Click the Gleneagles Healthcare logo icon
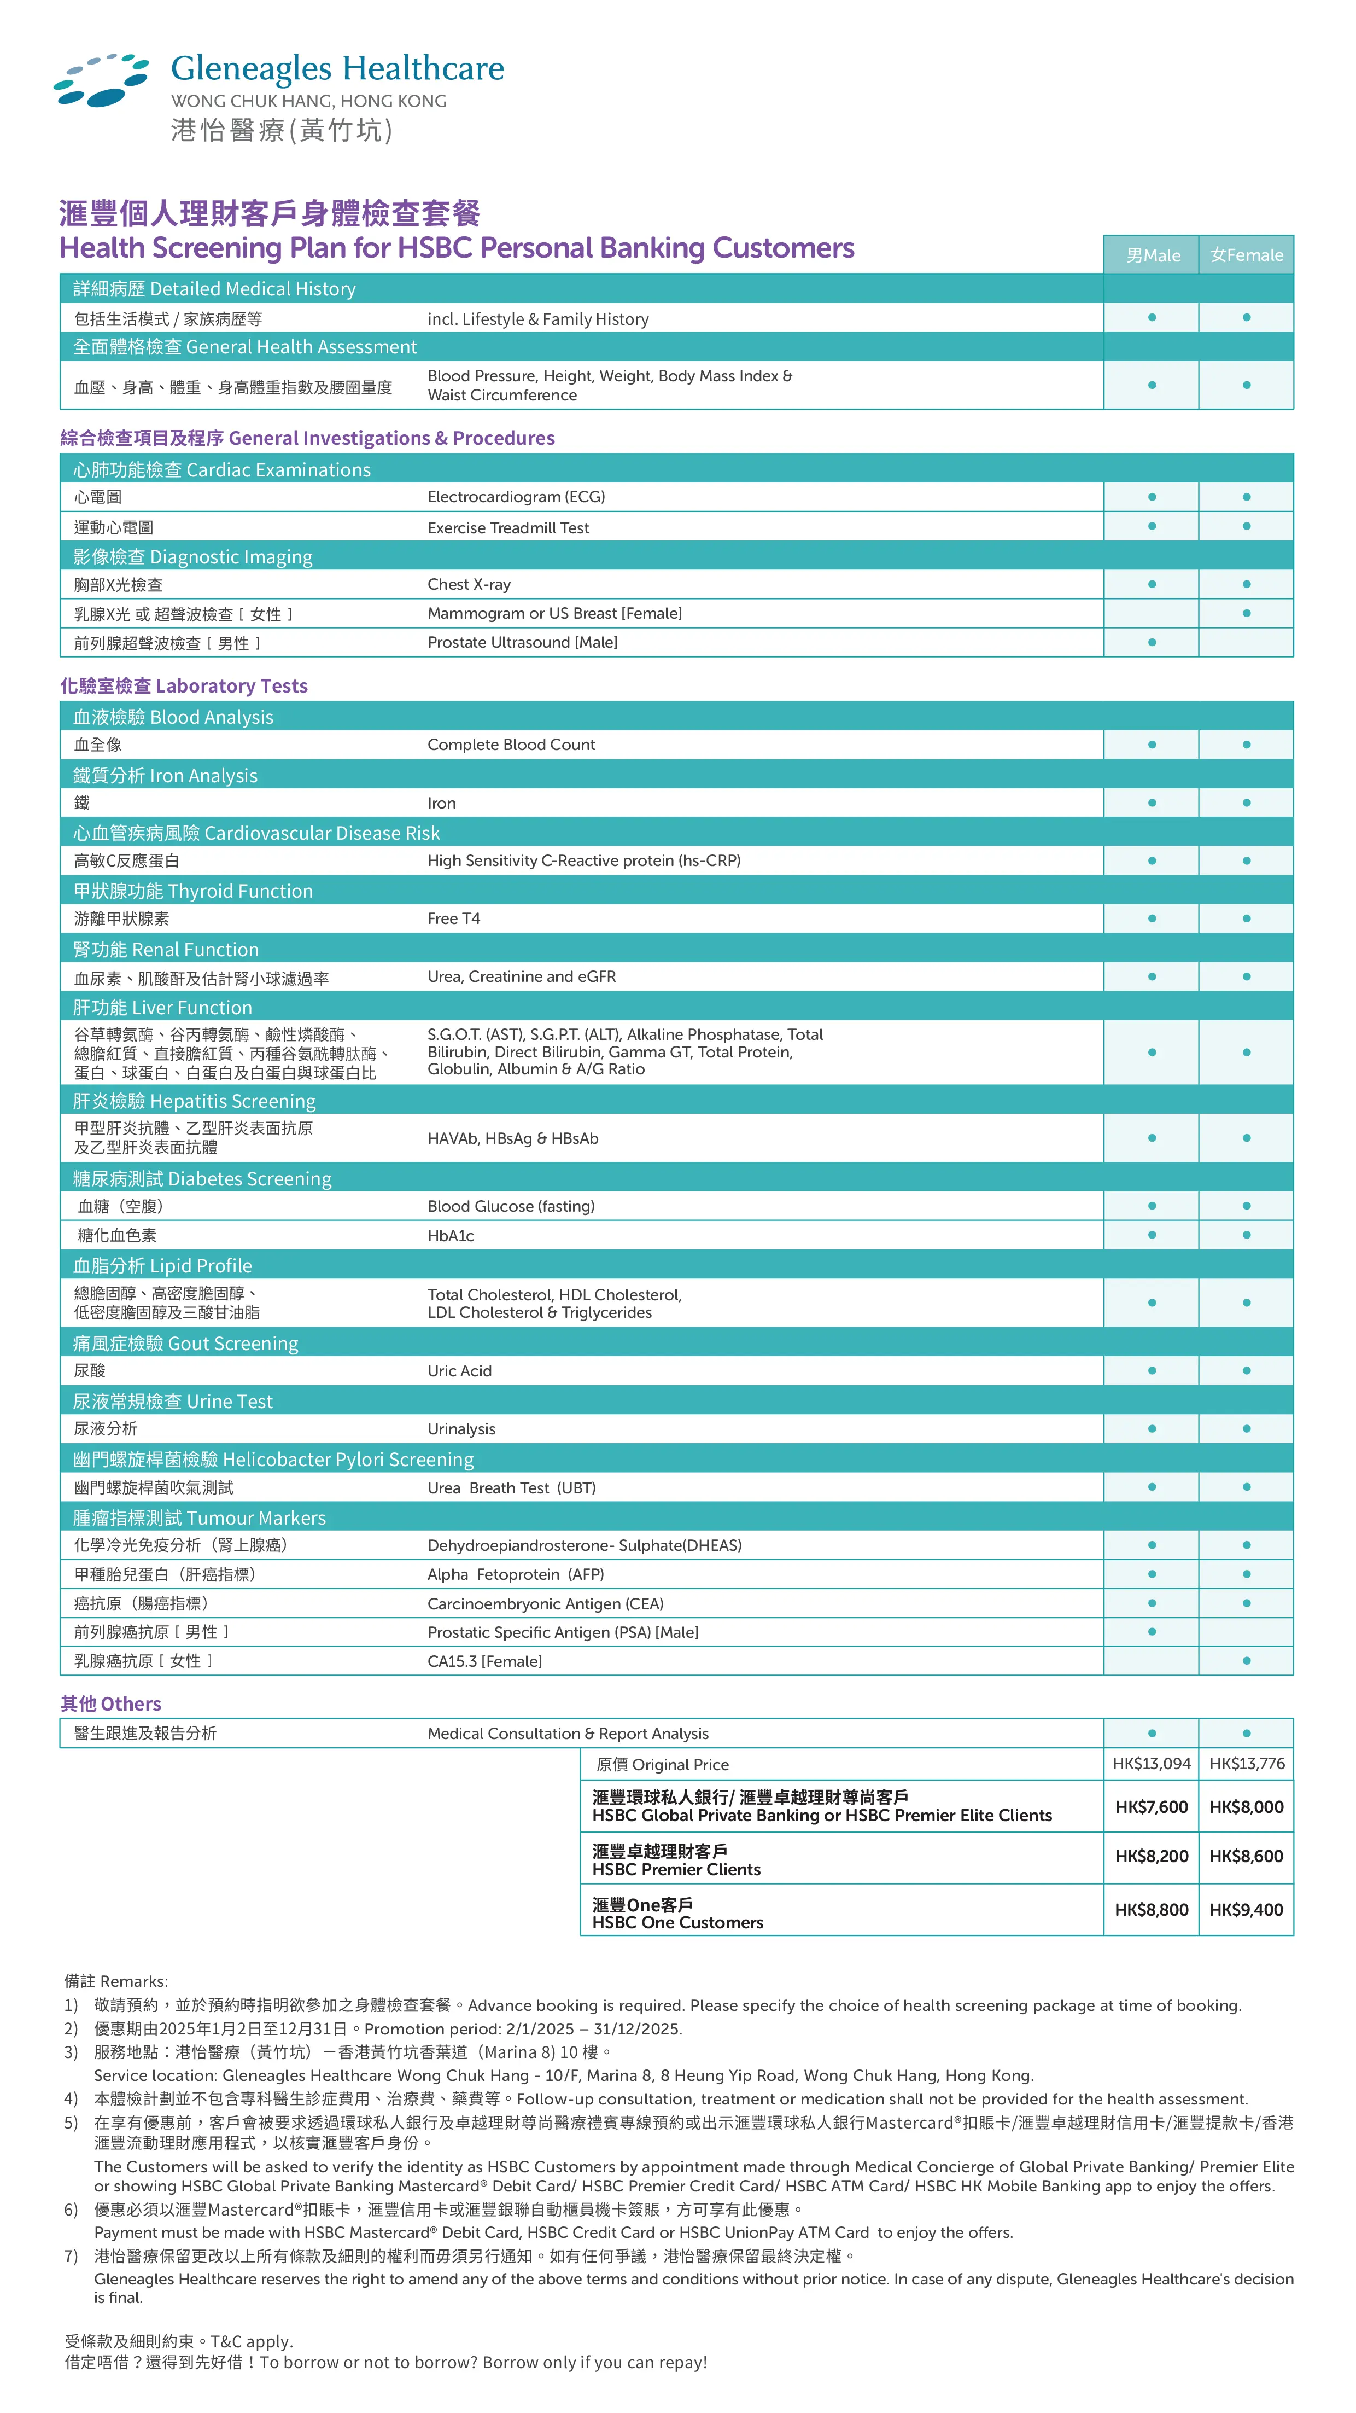[x=101, y=80]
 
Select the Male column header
[x=1152, y=255]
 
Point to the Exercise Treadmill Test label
[x=507, y=527]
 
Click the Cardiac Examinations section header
[x=222, y=470]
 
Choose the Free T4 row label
[x=453, y=919]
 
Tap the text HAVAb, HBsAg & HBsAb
[x=512, y=1138]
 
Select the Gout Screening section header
[x=185, y=1344]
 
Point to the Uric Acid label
[x=459, y=1370]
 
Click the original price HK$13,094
[x=1151, y=1764]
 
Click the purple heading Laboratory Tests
[x=184, y=685]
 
